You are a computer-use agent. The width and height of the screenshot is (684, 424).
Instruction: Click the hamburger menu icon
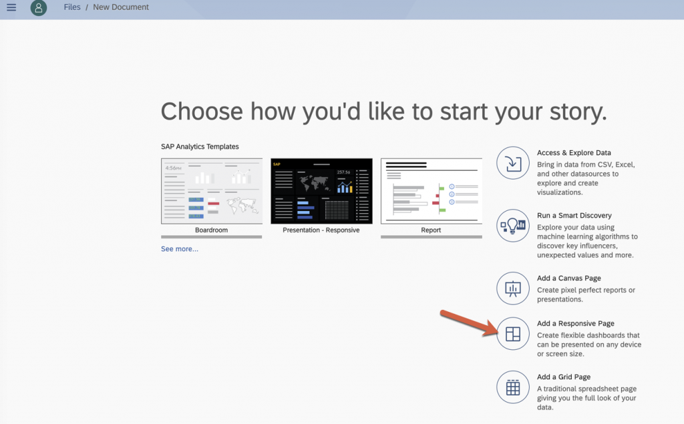pos(11,7)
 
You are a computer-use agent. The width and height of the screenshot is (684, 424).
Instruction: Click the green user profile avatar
pos(38,8)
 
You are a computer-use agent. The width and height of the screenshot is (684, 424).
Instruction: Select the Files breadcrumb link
pos(72,7)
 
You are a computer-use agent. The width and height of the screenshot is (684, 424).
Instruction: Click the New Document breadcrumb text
pos(121,7)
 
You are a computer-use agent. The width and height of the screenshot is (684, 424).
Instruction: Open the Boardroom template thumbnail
pos(212,191)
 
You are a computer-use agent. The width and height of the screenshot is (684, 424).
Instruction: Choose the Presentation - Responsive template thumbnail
pos(321,191)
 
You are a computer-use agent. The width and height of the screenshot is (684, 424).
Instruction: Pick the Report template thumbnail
pos(432,191)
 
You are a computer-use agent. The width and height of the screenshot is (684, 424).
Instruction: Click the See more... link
pos(179,248)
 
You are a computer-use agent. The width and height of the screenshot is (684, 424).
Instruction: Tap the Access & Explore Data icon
pos(512,163)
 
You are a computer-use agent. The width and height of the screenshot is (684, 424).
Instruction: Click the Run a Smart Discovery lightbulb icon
pos(512,226)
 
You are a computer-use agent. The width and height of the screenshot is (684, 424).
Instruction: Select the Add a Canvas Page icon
pos(512,288)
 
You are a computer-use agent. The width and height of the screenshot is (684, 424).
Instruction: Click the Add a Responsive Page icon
pos(512,334)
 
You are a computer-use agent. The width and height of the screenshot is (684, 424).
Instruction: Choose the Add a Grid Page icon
pos(512,387)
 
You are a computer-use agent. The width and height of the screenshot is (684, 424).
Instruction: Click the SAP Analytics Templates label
pos(200,147)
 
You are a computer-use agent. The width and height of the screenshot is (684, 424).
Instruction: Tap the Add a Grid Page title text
pos(564,377)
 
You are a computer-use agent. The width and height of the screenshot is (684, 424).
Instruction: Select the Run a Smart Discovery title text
pos(574,216)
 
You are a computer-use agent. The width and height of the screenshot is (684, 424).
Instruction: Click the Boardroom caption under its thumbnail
pos(211,230)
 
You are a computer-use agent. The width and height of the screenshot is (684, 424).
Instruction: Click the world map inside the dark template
pos(314,182)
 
